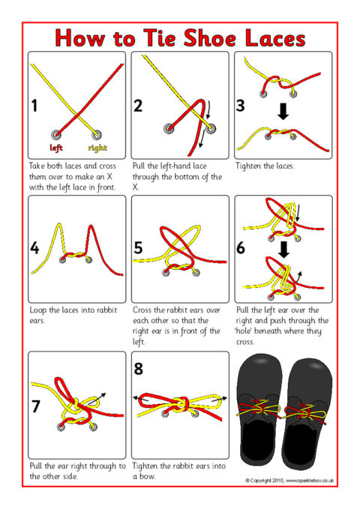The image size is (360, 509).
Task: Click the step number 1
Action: tap(34, 105)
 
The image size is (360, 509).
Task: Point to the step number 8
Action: tap(138, 368)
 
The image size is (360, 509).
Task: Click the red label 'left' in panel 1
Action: tap(56, 147)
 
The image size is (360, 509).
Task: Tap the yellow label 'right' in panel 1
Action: tap(98, 147)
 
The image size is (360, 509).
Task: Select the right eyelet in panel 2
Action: tap(210, 129)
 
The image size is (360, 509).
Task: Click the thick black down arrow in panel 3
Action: tap(283, 111)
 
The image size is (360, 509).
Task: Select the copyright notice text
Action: tap(289, 479)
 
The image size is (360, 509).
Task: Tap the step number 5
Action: tap(139, 248)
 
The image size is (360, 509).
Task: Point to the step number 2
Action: tap(138, 105)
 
